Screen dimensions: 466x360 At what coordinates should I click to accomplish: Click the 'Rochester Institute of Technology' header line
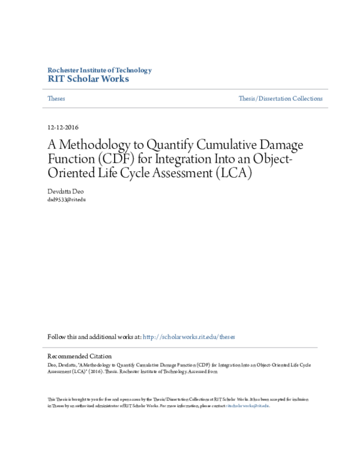(99, 70)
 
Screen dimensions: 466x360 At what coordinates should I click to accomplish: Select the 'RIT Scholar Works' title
(88, 79)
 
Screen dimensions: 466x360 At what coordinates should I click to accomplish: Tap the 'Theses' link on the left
(56, 98)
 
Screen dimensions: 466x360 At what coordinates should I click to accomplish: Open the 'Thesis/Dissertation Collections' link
(280, 98)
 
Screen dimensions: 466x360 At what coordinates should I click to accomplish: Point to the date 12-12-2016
(62, 127)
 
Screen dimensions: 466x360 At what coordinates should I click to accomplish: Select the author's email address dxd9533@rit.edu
(67, 199)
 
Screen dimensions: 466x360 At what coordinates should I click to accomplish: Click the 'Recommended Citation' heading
(79, 356)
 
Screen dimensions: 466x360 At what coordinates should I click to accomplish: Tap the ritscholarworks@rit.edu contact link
(247, 406)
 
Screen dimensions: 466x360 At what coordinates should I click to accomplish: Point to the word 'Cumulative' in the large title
(230, 145)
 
